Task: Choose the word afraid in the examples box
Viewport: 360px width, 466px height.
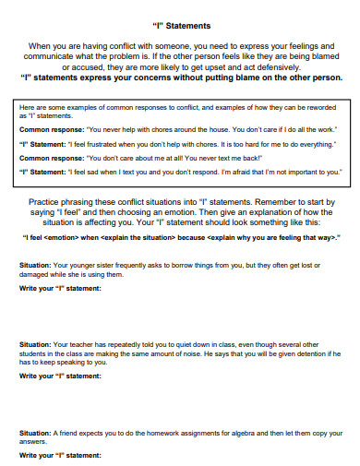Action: [x=242, y=171]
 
